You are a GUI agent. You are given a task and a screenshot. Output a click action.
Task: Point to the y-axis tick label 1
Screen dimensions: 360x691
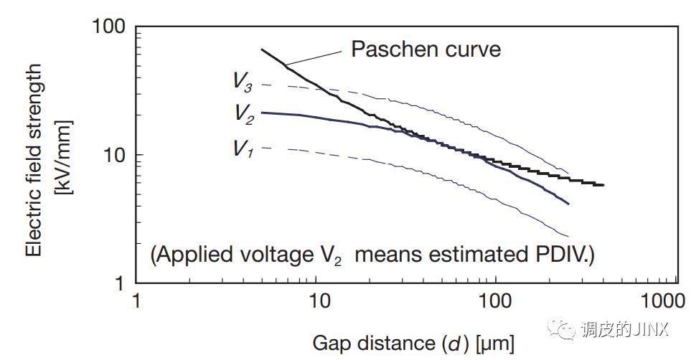point(120,283)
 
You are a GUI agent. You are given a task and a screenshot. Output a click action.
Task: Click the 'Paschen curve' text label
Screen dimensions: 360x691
point(426,49)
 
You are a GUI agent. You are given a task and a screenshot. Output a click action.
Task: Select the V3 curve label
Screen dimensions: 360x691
point(242,80)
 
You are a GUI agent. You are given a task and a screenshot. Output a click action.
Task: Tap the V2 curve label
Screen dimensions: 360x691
point(243,113)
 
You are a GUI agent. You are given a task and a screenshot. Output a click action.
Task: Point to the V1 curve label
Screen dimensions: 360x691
point(241,148)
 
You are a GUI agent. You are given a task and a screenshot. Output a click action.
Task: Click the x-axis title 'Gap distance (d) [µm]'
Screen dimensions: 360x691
point(413,344)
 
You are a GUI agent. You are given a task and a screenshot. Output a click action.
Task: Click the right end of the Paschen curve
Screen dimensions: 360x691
point(603,185)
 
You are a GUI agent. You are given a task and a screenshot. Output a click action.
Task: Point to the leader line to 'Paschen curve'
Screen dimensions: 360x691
point(313,59)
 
